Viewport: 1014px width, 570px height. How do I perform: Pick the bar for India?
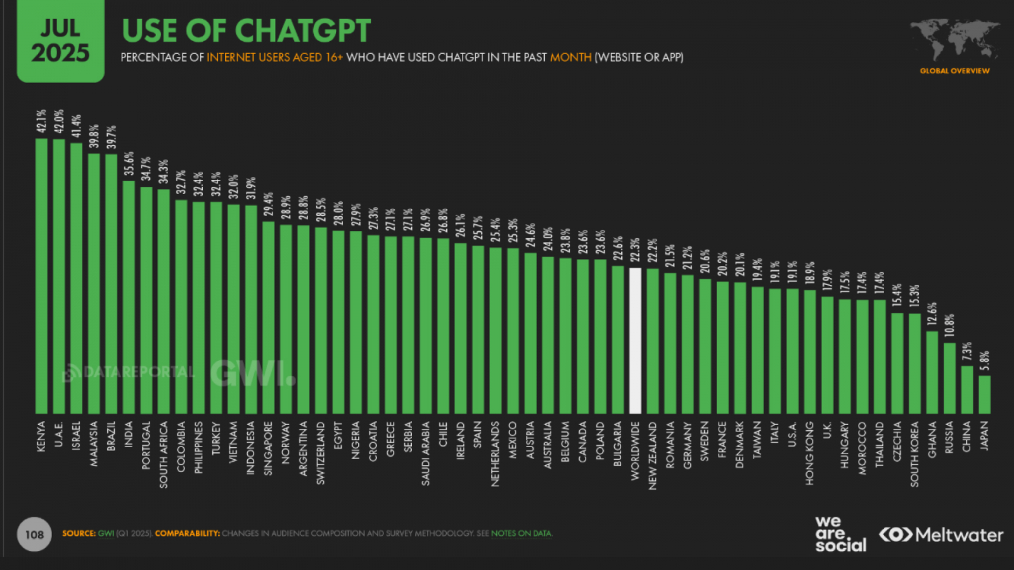(x=129, y=298)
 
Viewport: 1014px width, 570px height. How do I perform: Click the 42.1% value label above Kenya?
(x=41, y=121)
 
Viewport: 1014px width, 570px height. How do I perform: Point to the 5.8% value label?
(x=984, y=362)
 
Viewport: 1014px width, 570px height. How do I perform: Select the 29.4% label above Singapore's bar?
(x=269, y=205)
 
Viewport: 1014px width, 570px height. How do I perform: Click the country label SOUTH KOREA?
(x=915, y=454)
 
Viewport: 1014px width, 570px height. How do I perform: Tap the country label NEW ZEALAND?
(x=653, y=455)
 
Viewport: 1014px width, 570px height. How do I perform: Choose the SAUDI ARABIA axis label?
(x=425, y=453)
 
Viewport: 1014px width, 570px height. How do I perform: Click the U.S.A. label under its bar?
(x=792, y=435)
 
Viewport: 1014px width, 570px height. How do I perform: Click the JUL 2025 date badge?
(x=60, y=41)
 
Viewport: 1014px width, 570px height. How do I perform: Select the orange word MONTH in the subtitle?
(x=570, y=57)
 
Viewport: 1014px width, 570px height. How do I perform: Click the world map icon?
(x=954, y=39)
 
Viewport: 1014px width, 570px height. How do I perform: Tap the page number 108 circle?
(x=34, y=535)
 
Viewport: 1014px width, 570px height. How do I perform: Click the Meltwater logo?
(x=941, y=535)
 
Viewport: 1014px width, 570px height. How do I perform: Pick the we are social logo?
(x=840, y=534)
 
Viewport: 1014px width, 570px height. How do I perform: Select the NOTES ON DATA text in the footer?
(x=522, y=533)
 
